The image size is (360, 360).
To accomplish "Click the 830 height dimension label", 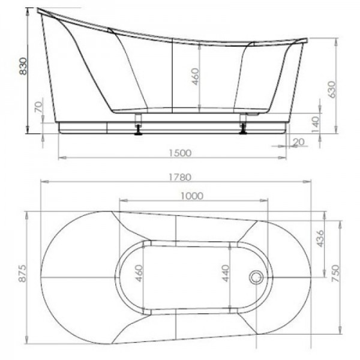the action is (23, 66).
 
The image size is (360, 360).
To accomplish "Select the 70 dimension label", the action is (39, 107).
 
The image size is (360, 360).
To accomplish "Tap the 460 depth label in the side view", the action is (195, 76).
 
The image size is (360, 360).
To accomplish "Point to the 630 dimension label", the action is (332, 89).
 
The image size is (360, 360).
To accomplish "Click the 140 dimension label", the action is (315, 124).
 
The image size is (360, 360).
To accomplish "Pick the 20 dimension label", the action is (298, 142).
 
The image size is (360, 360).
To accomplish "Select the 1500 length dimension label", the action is (180, 153).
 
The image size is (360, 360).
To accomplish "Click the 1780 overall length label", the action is (180, 177).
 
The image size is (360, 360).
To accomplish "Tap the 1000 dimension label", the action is (192, 196).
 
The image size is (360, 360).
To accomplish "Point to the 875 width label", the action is (23, 274).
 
